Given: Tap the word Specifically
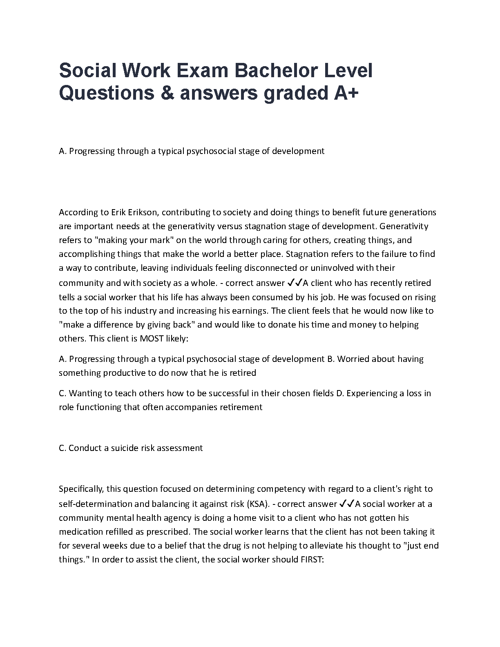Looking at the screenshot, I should click(x=82, y=489).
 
